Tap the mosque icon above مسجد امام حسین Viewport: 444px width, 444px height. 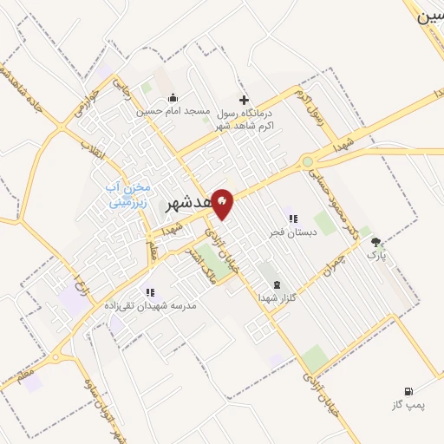[x=173, y=97]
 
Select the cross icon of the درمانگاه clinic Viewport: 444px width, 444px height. [x=244, y=100]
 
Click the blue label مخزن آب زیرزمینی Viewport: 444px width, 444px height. [x=128, y=195]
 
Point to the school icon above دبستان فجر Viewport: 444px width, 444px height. [x=292, y=219]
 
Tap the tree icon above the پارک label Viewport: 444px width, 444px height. [x=375, y=242]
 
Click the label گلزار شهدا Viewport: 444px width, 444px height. [x=277, y=297]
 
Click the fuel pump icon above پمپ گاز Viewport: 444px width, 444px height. [x=408, y=391]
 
